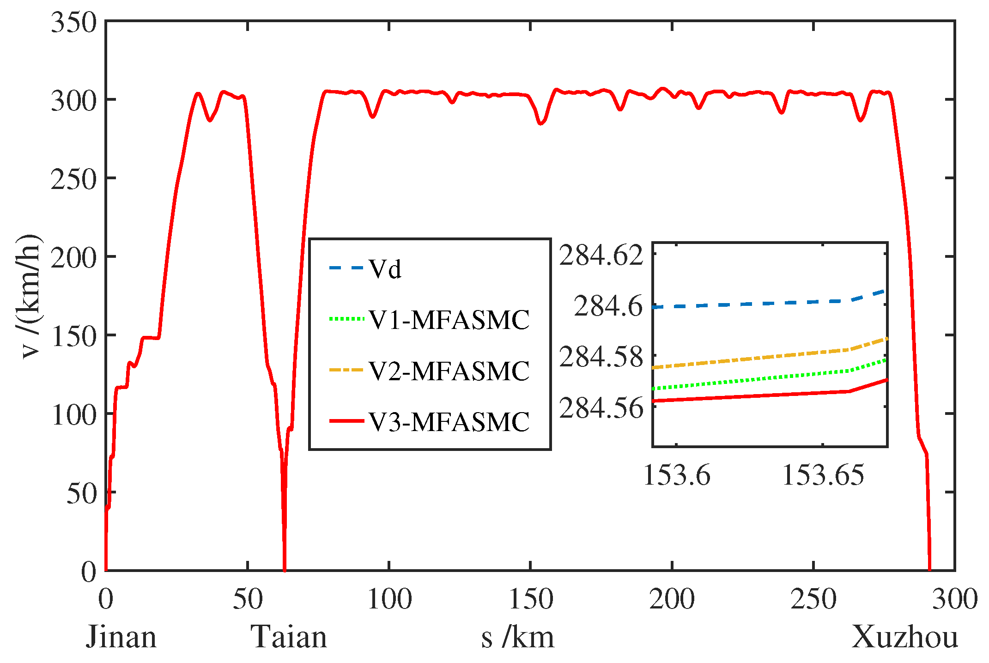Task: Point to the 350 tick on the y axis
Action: pos(74,22)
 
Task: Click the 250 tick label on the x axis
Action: pos(813,599)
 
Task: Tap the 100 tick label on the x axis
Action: pos(389,599)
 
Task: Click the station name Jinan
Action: pos(121,637)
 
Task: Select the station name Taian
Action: pos(289,637)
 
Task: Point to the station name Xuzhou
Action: pos(904,637)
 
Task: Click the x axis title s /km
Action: pos(517,637)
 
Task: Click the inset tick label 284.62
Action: pos(601,255)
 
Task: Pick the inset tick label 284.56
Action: pos(601,408)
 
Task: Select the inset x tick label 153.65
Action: pos(823,474)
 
